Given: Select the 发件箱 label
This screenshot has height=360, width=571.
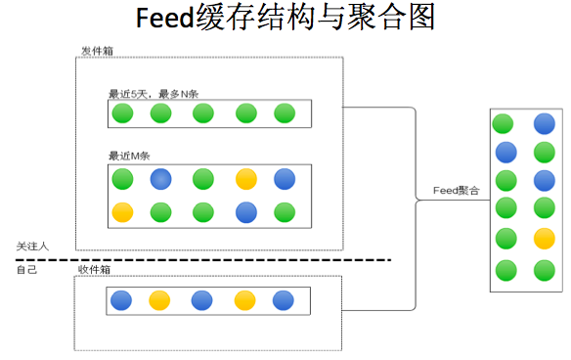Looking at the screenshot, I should coord(94,50).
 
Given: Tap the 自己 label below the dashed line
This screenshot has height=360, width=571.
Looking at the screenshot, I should coord(26,269).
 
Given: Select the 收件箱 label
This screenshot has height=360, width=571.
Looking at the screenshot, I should coord(94,269).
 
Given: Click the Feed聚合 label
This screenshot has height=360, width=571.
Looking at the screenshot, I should coord(457,192).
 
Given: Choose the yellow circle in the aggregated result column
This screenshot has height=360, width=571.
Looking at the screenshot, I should coord(545,238).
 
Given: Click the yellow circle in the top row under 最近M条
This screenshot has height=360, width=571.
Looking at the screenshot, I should coord(245,179).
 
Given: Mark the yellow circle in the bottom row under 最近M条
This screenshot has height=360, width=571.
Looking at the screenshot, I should coord(122,211).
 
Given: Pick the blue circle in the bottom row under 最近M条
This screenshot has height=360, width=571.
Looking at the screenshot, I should coord(245,211).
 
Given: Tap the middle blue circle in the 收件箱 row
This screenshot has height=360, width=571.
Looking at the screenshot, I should coord(203,301).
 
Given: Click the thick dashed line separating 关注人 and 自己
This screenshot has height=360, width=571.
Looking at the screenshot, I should coord(196,259).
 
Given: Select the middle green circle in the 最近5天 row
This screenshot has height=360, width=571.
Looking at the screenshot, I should coord(203,113).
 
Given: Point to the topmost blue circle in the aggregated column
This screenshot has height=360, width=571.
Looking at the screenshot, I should coord(545,124).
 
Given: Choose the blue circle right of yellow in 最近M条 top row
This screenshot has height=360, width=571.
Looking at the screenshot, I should coord(285,179).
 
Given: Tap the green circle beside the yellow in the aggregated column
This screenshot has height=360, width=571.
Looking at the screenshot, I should coord(505,238).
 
